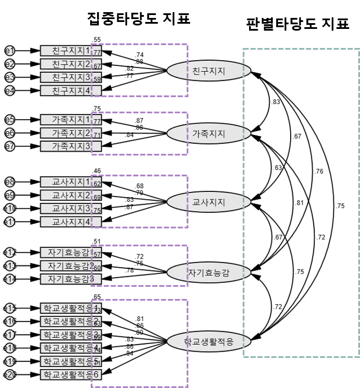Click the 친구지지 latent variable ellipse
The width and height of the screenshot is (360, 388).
[209, 71]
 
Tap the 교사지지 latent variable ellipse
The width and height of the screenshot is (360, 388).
[209, 202]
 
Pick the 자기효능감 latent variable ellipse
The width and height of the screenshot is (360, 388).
[209, 272]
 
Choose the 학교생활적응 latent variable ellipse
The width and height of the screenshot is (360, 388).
[209, 343]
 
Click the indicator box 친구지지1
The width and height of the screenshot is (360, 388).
[71, 51]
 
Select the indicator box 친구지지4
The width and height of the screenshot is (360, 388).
[71, 91]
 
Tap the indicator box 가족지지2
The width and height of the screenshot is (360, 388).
[71, 133]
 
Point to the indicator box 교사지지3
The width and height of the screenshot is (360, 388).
[71, 208]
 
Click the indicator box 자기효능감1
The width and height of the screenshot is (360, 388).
[71, 252]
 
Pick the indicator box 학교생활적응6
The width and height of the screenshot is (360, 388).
[71, 375]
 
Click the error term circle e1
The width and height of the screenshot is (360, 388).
[10, 51]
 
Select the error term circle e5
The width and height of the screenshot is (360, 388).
[10, 120]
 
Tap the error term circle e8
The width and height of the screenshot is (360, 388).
[10, 182]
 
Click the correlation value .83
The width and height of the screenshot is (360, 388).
[276, 102]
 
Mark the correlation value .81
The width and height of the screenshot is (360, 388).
[299, 203]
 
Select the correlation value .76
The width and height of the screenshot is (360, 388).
[319, 171]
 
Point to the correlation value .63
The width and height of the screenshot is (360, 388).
[278, 168]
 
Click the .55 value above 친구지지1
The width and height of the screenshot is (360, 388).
[97, 39]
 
